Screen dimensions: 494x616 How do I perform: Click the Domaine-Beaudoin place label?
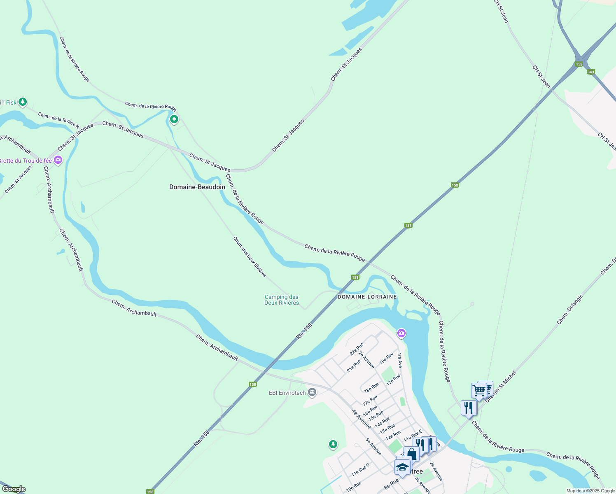197,187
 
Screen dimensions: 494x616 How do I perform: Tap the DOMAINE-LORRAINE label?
367,297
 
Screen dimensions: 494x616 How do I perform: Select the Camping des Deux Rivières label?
282,300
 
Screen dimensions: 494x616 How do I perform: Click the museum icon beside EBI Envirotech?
312,392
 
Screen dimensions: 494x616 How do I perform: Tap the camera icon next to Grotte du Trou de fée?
58,160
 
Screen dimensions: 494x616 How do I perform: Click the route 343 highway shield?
591,72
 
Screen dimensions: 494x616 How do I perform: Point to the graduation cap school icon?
402,467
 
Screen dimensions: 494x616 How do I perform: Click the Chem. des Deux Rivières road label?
250,256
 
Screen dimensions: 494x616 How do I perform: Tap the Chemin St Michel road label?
501,387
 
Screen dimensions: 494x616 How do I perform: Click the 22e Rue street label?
357,349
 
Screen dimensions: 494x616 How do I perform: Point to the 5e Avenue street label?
373,447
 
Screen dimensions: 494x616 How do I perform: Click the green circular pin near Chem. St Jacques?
174,119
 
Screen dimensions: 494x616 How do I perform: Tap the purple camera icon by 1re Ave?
401,333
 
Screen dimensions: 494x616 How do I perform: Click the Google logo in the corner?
14,489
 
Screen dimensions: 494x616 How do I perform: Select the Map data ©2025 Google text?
590,491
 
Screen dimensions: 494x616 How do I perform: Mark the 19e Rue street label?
386,358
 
